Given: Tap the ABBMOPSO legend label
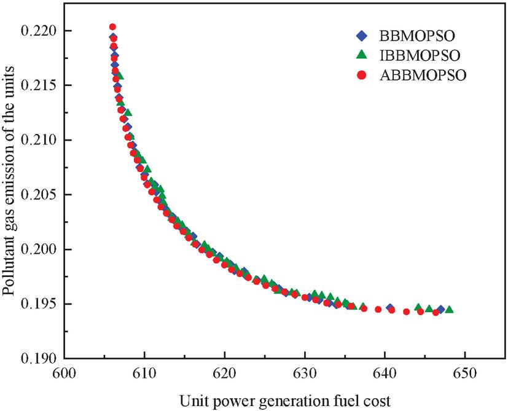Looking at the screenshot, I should click(x=418, y=76).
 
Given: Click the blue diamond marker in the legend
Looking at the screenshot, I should click(x=361, y=34).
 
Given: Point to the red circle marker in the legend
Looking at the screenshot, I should click(x=361, y=76).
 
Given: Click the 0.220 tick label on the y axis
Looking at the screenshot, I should click(x=41, y=31).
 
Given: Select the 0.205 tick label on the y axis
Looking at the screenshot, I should click(x=41, y=195).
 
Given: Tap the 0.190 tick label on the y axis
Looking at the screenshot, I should click(x=41, y=359).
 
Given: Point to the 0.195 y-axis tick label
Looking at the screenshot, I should click(x=41, y=304).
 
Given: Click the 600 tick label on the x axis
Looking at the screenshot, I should click(x=64, y=373).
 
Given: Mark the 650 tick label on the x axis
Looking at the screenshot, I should click(x=464, y=373).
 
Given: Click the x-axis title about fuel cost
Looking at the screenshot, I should click(x=284, y=400).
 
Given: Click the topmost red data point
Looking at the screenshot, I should click(x=112, y=27).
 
